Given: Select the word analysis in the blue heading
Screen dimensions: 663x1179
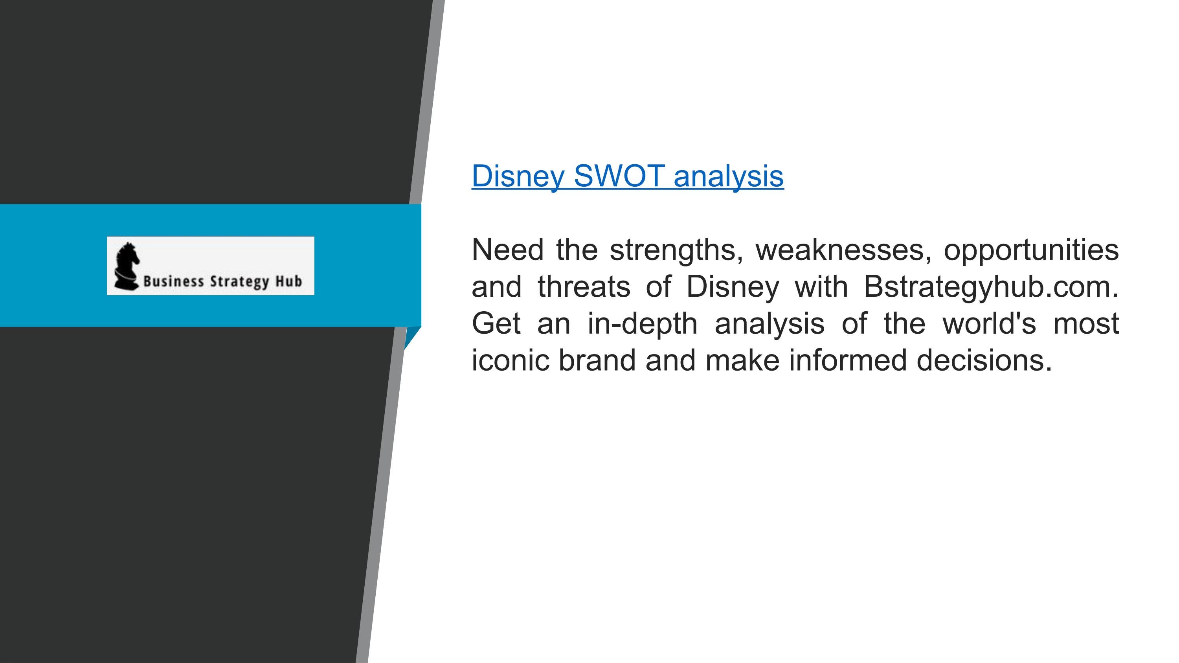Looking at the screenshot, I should coord(728,176).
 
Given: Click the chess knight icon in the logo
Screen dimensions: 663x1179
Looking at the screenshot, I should coord(126,266).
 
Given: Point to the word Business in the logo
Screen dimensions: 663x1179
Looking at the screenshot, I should coord(173,281).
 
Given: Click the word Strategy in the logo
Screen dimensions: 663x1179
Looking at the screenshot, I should coord(239,281).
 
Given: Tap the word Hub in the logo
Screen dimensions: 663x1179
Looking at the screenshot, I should coord(288,281).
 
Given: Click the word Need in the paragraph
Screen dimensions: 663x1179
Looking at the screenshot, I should coord(507,250).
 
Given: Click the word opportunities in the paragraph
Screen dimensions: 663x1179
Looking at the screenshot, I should coord(1031,250).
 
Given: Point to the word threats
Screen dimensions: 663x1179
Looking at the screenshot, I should coord(584,287).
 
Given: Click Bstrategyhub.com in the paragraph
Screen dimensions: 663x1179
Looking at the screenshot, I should coord(990,287).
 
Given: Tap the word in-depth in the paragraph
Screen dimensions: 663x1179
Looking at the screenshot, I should coord(642,323).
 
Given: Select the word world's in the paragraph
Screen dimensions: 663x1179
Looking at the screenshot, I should coord(989,323).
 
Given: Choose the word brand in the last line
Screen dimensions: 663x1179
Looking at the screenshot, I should coord(597,360).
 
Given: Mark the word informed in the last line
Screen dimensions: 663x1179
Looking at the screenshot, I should coord(847,360).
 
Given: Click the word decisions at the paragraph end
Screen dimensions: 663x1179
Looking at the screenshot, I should coord(984,360).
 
